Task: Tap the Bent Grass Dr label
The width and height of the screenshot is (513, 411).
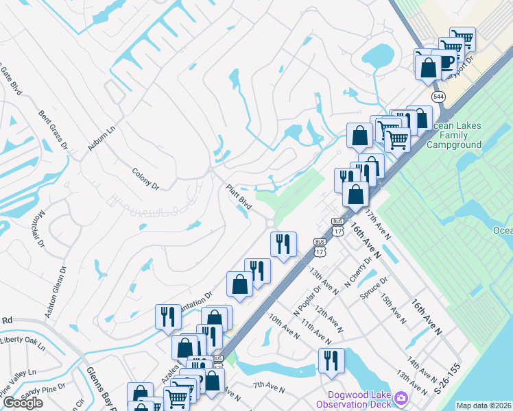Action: (53, 129)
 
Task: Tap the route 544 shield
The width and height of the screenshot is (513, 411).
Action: (437, 97)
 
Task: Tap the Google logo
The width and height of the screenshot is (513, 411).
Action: (23, 403)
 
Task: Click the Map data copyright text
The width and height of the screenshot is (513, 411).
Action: (484, 406)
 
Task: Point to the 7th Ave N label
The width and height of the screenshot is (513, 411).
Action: (269, 389)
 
